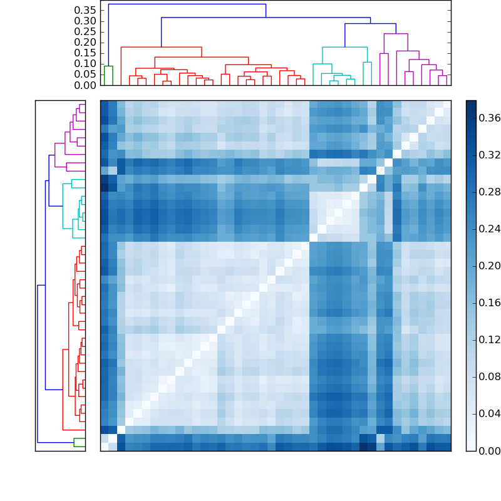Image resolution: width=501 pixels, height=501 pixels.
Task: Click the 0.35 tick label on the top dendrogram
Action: pyautogui.click(x=85, y=11)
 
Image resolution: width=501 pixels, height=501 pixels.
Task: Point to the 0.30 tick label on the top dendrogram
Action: pyautogui.click(x=85, y=21)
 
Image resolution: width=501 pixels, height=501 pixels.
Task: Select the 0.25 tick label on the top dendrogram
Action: pyautogui.click(x=85, y=32)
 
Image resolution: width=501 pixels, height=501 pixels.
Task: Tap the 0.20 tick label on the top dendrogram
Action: pyautogui.click(x=85, y=43)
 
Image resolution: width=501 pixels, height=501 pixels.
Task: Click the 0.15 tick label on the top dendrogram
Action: pyautogui.click(x=85, y=53)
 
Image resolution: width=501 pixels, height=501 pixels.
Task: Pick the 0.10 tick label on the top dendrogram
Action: pyautogui.click(x=85, y=64)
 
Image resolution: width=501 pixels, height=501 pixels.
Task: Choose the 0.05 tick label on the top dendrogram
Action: pyautogui.click(x=85, y=75)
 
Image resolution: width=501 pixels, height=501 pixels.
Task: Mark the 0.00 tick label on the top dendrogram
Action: pyautogui.click(x=85, y=85)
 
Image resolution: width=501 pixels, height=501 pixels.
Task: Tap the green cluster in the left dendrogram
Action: pyautogui.click(x=80, y=442)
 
